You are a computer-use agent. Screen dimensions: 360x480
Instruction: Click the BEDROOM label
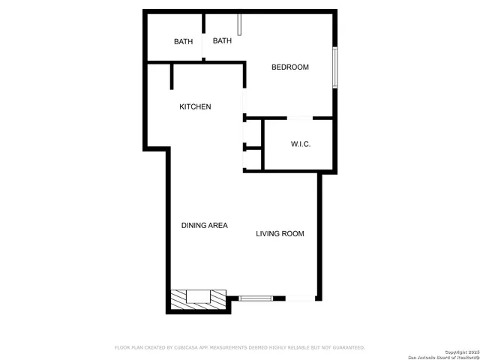click(x=289, y=67)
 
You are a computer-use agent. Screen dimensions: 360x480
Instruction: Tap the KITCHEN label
click(x=195, y=107)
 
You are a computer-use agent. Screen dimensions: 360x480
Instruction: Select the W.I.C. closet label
click(x=301, y=144)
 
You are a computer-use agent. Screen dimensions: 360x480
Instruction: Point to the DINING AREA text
click(x=205, y=226)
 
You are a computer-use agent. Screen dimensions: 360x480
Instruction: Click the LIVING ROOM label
click(x=280, y=234)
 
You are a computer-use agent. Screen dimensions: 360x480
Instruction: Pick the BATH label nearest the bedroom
click(x=222, y=40)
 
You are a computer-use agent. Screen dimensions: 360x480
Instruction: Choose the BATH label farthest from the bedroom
click(x=183, y=42)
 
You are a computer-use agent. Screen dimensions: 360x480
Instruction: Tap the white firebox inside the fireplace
click(x=198, y=295)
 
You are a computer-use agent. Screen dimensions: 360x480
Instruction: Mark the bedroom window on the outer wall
click(x=335, y=67)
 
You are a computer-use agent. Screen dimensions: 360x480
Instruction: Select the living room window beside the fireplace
click(x=256, y=298)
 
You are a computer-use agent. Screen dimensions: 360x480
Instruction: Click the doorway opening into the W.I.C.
click(x=300, y=118)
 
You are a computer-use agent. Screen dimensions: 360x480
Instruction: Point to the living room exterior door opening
click(x=301, y=298)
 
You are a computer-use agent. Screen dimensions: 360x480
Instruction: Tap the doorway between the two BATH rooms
click(x=202, y=43)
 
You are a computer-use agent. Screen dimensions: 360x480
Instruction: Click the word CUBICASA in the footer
click(x=188, y=348)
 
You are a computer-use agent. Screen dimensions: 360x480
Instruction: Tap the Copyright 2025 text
click(x=460, y=352)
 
